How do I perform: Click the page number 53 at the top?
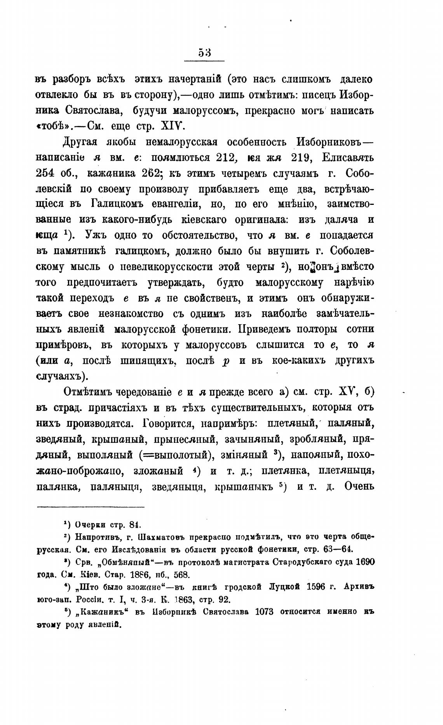(204, 52)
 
